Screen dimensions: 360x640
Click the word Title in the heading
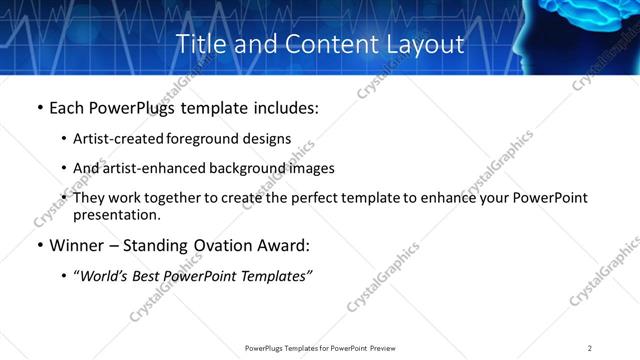coord(199,44)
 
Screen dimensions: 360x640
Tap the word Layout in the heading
coord(428,44)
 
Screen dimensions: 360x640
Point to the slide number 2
coord(590,348)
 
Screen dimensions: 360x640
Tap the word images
coord(309,168)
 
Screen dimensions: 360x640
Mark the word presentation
coord(116,214)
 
